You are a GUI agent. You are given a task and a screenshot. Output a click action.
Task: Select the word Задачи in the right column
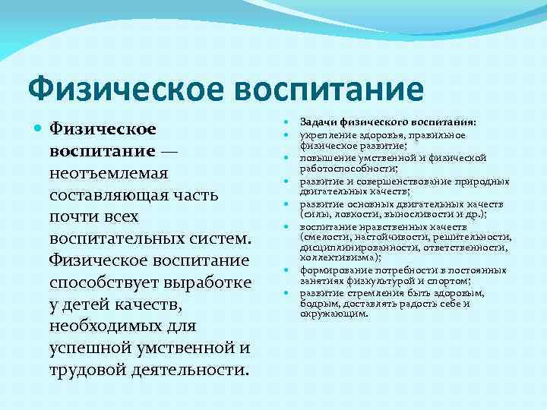(x=320, y=122)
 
